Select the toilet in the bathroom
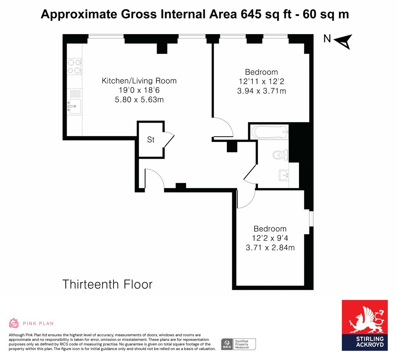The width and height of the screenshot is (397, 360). [281, 154]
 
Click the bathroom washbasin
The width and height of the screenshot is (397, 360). [284, 175]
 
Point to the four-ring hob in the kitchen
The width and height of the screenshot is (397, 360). [75, 66]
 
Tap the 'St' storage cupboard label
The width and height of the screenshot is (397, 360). [151, 140]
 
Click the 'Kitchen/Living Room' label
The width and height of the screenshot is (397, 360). [139, 81]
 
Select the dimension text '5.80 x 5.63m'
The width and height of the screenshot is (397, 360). [139, 100]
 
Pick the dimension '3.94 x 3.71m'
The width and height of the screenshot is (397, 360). [262, 91]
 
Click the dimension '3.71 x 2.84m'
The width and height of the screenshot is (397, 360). [270, 247]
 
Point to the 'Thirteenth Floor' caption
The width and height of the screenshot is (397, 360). [107, 284]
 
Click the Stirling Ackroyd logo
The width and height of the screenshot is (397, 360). [364, 325]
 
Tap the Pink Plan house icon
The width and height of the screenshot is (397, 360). [14, 323]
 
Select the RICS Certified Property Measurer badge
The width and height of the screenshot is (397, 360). [238, 344]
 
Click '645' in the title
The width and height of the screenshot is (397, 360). [251, 14]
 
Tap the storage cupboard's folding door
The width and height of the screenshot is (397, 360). [169, 140]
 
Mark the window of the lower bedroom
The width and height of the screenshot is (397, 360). [311, 218]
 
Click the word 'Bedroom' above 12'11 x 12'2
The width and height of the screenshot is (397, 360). [262, 72]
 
